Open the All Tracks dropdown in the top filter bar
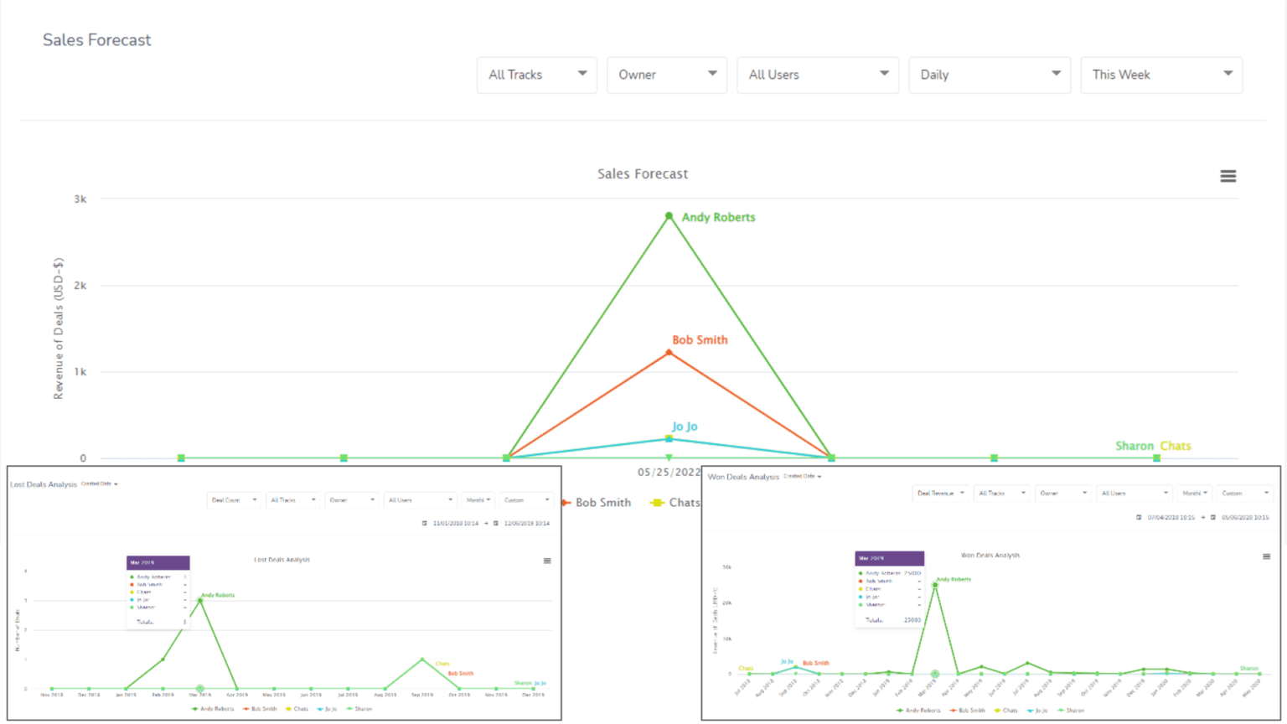(x=536, y=75)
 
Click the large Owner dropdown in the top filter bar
(x=666, y=75)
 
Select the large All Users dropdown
(x=817, y=75)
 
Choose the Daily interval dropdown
(x=989, y=75)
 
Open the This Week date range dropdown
(x=1160, y=75)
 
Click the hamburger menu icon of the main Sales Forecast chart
(x=1228, y=176)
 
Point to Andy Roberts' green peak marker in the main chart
(x=669, y=216)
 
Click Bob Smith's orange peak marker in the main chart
(x=669, y=353)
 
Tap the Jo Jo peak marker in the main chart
(x=669, y=438)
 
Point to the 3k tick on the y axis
(x=80, y=199)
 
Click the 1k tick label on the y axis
(x=80, y=372)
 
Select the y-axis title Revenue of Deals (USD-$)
(x=59, y=328)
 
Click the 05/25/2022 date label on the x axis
(x=669, y=472)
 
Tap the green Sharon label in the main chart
(x=1134, y=446)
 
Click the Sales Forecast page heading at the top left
(x=97, y=40)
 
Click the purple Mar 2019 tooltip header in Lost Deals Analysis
(x=158, y=562)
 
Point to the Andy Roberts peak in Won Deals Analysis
(x=935, y=585)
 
